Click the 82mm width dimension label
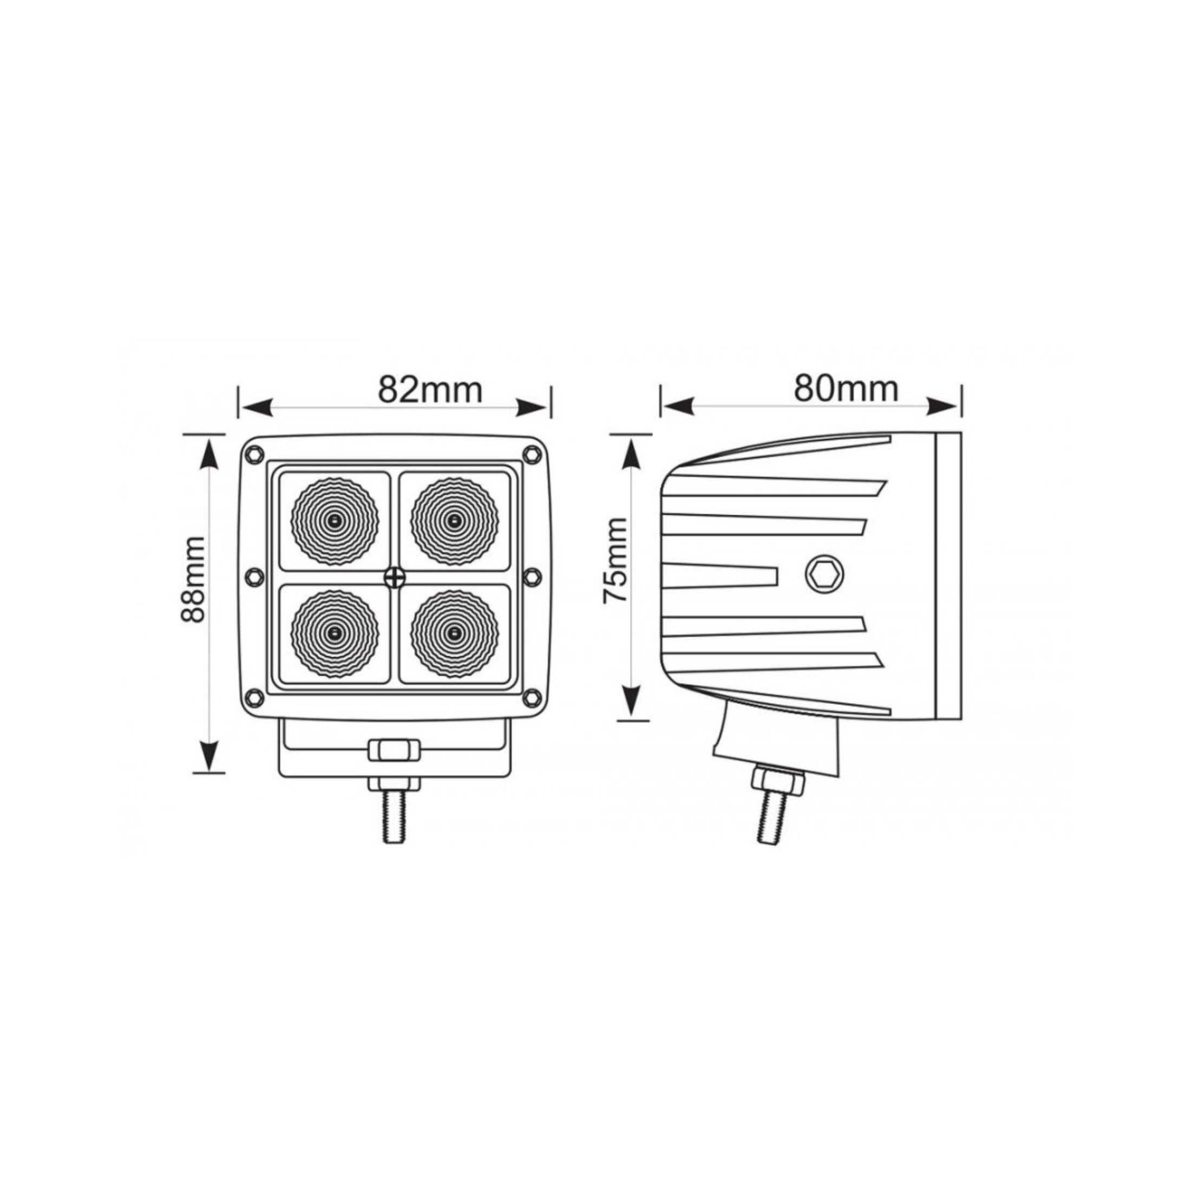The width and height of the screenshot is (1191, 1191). point(430,390)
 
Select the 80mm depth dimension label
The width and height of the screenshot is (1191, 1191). point(846,389)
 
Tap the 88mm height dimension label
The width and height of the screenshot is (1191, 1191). point(193,579)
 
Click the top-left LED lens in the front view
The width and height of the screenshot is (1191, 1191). point(335,521)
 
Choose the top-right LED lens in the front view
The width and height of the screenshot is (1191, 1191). point(454,521)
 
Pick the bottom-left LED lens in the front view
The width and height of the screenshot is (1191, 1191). point(335,634)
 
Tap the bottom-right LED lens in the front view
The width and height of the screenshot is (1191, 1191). point(454,634)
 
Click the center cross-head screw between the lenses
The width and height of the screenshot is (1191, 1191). point(394,577)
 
